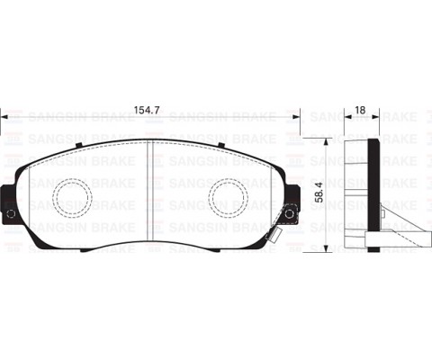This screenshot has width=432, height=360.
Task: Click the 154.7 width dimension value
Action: (148, 109)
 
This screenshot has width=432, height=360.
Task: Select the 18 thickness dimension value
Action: (359, 109)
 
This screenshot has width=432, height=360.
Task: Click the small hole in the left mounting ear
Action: (11, 215)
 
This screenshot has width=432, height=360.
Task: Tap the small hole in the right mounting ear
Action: (290, 214)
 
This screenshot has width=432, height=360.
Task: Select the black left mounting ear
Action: (9, 203)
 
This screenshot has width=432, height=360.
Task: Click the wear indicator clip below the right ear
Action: (282, 233)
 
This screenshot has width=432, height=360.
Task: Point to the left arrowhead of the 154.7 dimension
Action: (4, 119)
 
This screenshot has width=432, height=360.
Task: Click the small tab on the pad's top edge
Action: (148, 141)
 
